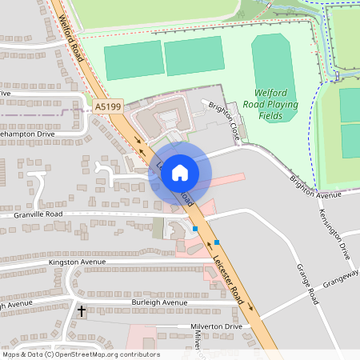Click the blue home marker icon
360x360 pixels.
pyautogui.click(x=180, y=172)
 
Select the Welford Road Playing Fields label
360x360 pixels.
pyautogui.click(x=276, y=104)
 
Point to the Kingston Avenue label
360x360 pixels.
pyautogui.click(x=77, y=262)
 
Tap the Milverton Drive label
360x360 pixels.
pyautogui.click(x=216, y=326)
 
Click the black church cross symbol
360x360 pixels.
pyautogui.click(x=81, y=310)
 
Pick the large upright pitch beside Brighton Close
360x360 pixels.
pyautogui.click(x=274, y=70)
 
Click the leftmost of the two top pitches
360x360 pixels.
pyautogui.click(x=134, y=60)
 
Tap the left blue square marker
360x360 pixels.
pyautogui.click(x=195, y=230)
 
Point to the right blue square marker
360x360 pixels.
pyautogui.click(x=216, y=242)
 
